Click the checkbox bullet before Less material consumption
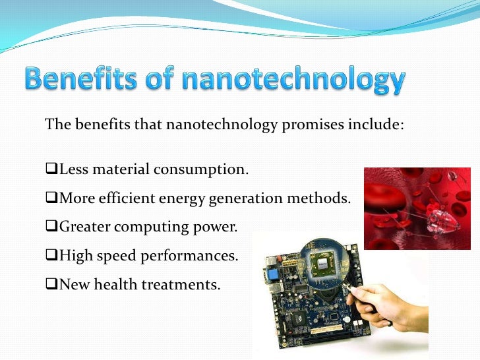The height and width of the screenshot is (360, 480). tap(52, 171)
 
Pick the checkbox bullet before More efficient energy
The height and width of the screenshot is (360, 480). tap(52, 199)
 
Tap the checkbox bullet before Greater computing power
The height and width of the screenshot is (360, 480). tap(52, 227)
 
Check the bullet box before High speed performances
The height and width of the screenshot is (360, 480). tap(52, 256)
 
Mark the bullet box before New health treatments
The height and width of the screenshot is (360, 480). tap(52, 285)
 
